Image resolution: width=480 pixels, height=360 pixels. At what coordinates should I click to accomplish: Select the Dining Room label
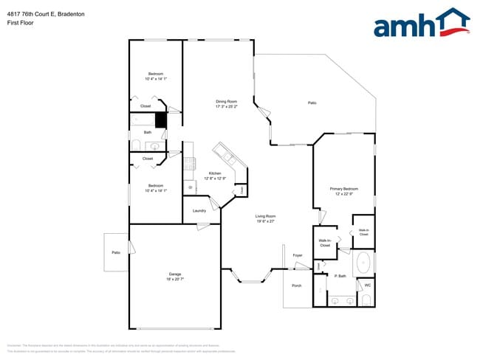pyautogui.click(x=226, y=101)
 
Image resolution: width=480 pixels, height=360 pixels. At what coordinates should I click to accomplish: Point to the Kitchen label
pyautogui.click(x=215, y=173)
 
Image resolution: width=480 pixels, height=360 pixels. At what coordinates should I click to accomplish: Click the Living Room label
pyautogui.click(x=266, y=216)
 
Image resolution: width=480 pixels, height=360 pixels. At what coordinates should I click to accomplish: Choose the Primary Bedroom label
pyautogui.click(x=344, y=189)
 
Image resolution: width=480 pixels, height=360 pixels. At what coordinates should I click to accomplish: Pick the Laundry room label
pyautogui.click(x=199, y=211)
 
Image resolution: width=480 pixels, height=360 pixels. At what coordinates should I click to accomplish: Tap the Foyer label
pyautogui.click(x=298, y=255)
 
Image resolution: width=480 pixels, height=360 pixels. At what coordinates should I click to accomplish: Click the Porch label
pyautogui.click(x=297, y=285)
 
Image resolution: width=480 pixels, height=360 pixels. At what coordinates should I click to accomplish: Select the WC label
pyautogui.click(x=367, y=285)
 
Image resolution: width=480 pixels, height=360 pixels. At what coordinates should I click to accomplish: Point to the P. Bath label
pyautogui.click(x=340, y=276)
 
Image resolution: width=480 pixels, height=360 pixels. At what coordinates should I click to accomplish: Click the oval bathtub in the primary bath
pyautogui.click(x=364, y=262)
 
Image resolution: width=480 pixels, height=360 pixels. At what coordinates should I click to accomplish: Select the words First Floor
pyautogui.click(x=21, y=23)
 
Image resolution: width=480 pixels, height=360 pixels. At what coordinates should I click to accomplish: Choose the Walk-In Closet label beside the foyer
pyautogui.click(x=325, y=243)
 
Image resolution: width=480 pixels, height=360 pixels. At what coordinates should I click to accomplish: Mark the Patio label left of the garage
pyautogui.click(x=116, y=253)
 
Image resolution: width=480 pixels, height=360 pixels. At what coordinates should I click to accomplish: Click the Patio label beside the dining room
pyautogui.click(x=312, y=103)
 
